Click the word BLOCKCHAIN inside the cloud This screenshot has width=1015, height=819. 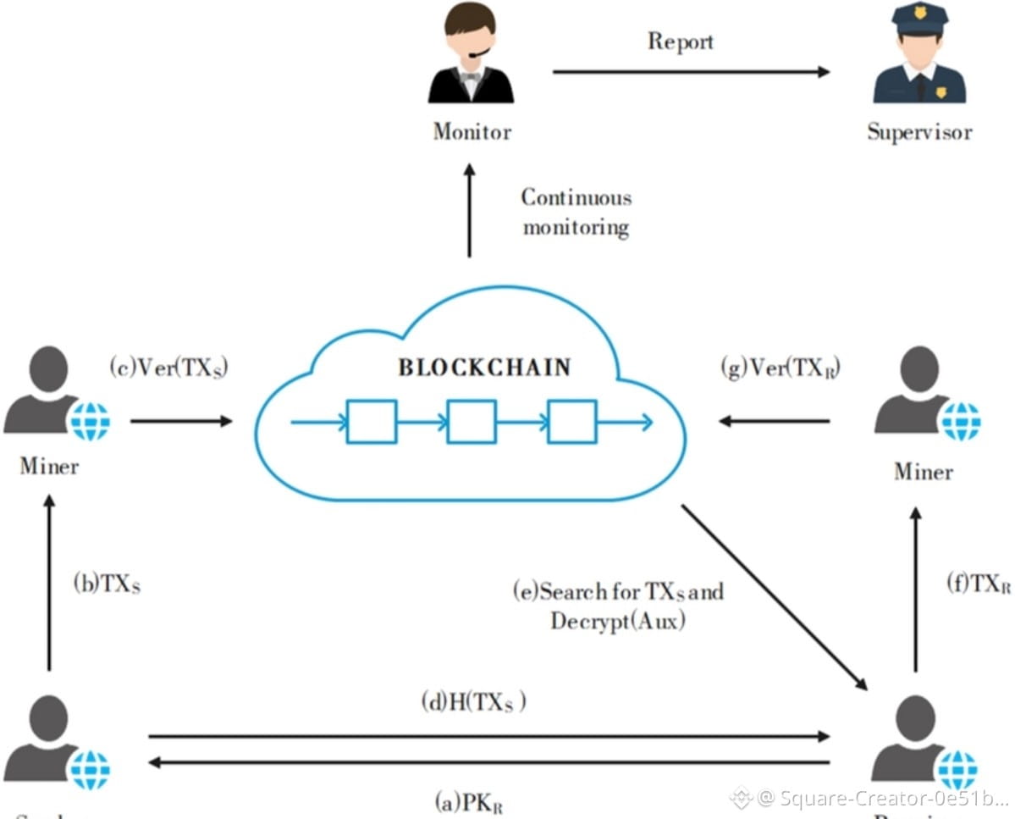coord(485,368)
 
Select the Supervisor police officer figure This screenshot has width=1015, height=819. coord(918,58)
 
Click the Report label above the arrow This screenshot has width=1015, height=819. coord(681,41)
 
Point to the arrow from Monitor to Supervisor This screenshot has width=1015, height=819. coord(691,72)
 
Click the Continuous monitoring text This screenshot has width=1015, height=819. coord(576,213)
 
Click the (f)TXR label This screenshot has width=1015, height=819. coord(978,584)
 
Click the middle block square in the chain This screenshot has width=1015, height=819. coord(472,421)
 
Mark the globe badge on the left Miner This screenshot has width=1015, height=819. coord(89,421)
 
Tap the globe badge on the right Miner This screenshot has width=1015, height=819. coord(960,421)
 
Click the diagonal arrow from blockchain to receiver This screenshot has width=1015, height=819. coord(774,596)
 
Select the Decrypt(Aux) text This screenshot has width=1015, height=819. coord(617,621)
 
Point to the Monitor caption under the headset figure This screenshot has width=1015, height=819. coord(472,132)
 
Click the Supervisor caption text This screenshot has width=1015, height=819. coord(919,132)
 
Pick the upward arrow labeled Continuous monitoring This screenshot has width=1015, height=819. coord(470,211)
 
